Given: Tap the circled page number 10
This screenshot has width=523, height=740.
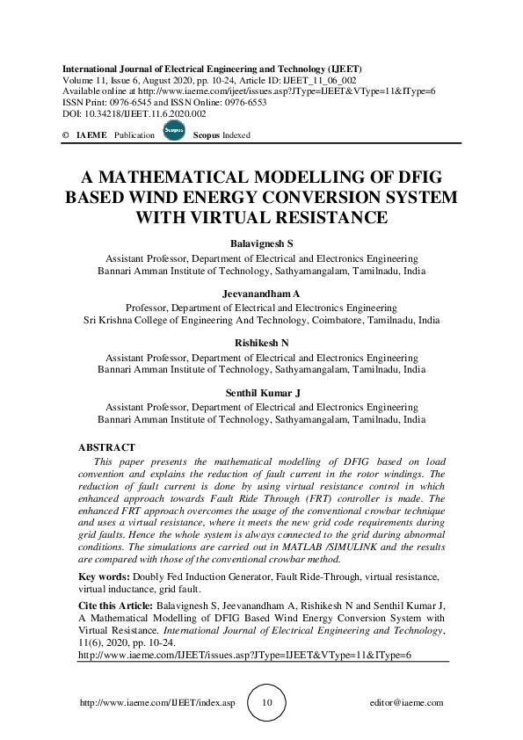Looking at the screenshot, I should pos(268,703).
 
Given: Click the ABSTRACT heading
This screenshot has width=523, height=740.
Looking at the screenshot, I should pos(106,448).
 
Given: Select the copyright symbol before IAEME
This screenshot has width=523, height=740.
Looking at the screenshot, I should pos(66,135).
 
